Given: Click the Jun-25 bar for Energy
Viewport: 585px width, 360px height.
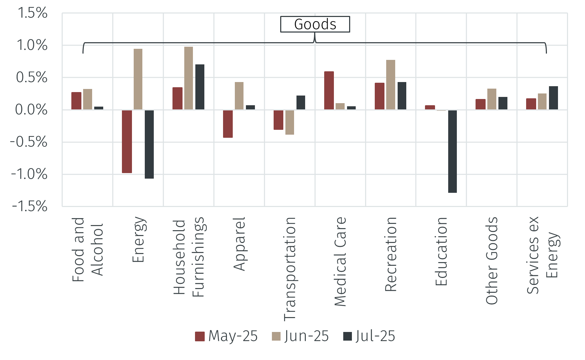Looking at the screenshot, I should pos(138,79).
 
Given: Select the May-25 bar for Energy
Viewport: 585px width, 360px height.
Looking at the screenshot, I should pos(127,141).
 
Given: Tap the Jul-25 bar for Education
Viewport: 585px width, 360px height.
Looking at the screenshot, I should pos(452,151).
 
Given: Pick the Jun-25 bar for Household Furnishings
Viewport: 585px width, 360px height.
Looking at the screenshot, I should pos(188,78).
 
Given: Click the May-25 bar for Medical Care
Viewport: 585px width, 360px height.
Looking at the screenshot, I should pos(329,91).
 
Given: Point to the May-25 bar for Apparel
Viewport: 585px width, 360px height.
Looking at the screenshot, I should pos(228,124).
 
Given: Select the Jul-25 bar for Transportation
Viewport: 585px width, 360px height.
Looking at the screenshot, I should pos(301,103).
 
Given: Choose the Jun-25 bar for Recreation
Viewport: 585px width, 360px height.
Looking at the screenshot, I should pos(391,85).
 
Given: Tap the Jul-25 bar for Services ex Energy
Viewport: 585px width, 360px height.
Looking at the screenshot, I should pos(553,98).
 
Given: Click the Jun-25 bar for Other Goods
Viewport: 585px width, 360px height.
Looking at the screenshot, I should pos(492,99).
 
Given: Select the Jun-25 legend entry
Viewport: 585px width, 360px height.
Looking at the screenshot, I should pos(300,336).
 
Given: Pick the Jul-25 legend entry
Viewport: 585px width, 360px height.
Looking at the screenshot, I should pos(369,336).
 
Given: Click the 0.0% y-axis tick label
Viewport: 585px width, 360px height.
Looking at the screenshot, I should pos(31,110).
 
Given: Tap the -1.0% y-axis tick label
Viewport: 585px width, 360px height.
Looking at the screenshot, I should pos(29,174).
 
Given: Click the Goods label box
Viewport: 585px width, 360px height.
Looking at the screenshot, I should pos(315,24).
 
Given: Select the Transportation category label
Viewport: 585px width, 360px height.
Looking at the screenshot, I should pos(290,269).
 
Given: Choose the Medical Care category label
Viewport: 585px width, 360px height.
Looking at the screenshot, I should pos(340,262).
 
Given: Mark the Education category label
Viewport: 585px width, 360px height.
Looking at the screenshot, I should pos(441,251).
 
